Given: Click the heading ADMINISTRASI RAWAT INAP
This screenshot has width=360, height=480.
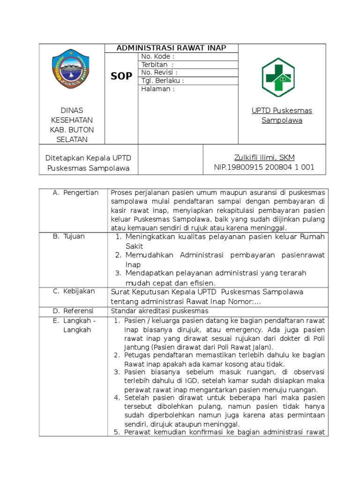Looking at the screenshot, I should (x=171, y=48).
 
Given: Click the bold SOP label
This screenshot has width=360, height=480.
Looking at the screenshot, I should (x=121, y=76).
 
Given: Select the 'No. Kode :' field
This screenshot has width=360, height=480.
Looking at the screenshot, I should (x=158, y=57).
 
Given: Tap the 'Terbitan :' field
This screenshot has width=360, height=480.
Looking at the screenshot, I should (x=157, y=65).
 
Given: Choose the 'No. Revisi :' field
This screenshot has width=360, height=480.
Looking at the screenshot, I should (x=159, y=73).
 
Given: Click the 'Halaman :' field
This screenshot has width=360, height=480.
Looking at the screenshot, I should (x=158, y=89).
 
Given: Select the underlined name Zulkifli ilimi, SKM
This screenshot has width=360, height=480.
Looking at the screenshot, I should (x=264, y=157).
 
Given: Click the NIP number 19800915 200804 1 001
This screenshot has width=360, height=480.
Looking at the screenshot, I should (x=264, y=167).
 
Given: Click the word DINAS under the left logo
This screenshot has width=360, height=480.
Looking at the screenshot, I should (x=72, y=111).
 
